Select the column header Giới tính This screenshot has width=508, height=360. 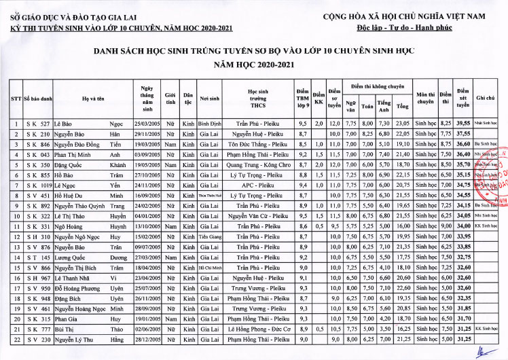171,99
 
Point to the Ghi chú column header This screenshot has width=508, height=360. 485,99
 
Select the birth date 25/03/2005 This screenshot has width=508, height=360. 147,124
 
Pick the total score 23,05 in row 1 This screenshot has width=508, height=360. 403,124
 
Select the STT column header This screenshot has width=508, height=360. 16,99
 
